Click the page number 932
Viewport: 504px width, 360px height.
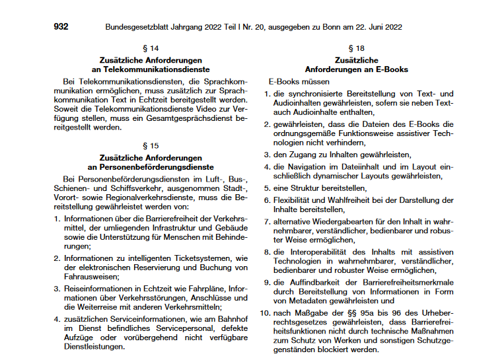point(61,27)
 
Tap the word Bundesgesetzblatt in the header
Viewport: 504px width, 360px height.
point(137,27)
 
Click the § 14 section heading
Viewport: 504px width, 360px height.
point(151,48)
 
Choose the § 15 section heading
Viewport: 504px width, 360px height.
point(151,146)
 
